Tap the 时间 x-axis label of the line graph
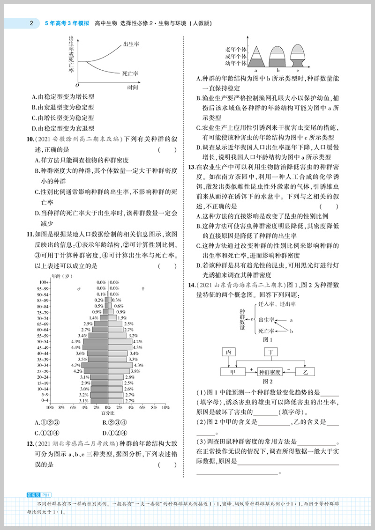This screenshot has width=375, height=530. (133, 88)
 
